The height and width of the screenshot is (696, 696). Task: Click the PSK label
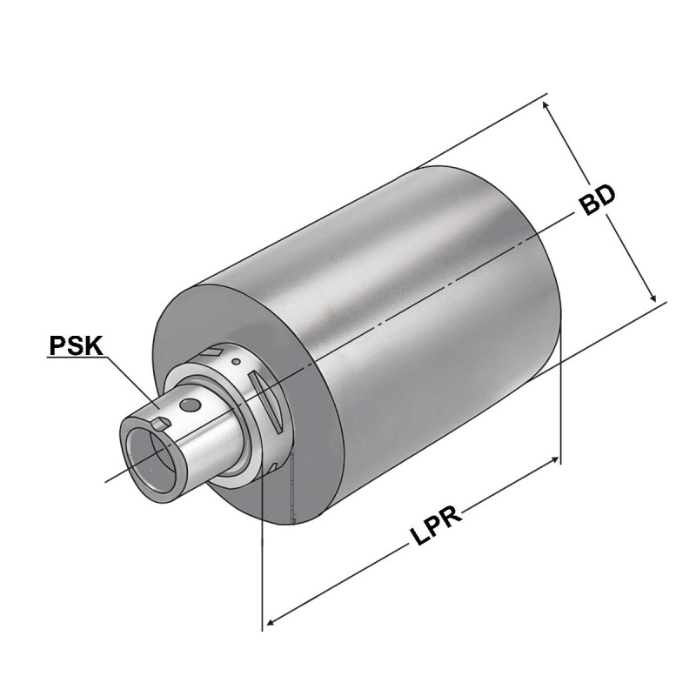pos(77,346)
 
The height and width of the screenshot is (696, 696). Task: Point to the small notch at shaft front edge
pos(159,422)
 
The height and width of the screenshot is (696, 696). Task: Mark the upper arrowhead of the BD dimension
pos(547,104)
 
